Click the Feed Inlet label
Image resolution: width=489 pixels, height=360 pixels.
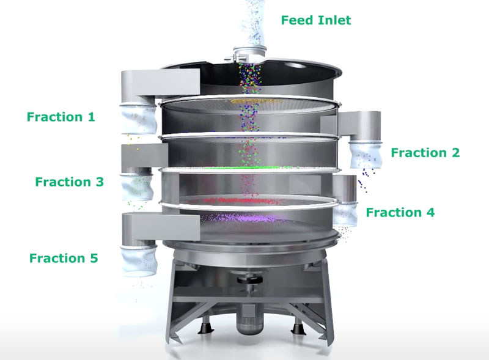(x=316, y=20)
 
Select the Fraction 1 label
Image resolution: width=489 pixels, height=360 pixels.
(x=61, y=116)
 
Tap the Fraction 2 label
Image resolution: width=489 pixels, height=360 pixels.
(x=425, y=153)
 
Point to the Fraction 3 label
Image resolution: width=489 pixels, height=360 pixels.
(x=69, y=182)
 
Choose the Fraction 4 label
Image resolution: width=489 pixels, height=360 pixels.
(x=400, y=213)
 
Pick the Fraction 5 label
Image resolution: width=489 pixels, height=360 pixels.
(x=63, y=258)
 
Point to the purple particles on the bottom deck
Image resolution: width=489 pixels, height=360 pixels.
(x=244, y=217)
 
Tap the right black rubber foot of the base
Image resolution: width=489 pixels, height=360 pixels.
(x=298, y=329)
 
